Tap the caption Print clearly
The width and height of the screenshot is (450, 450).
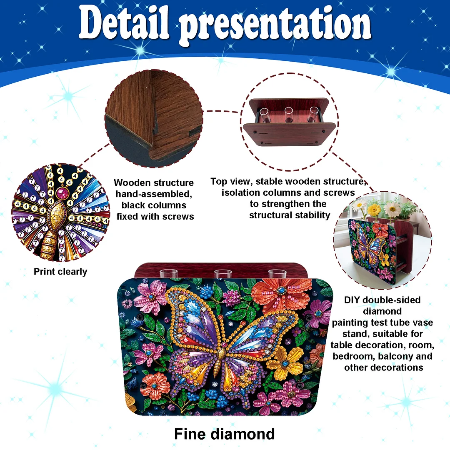60,272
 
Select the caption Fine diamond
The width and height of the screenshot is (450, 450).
224,434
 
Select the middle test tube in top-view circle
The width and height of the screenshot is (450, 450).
288,115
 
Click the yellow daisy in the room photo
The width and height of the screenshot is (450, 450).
374,208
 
